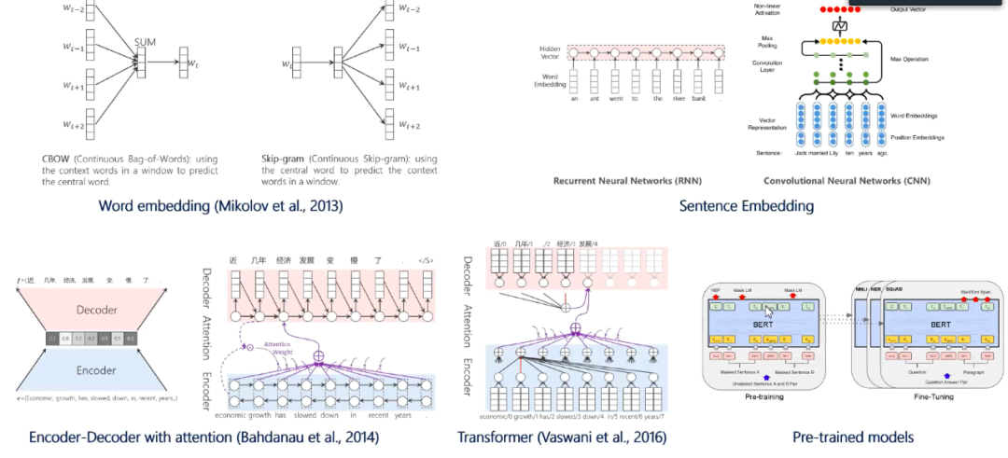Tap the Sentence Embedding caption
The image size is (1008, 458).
pyautogui.click(x=746, y=205)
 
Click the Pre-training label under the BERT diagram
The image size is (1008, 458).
pyautogui.click(x=763, y=396)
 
